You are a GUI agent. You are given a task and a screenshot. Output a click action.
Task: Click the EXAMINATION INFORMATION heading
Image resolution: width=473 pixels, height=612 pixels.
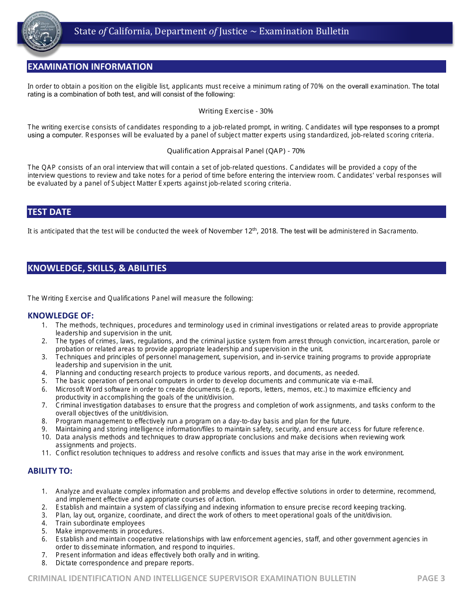[x=90, y=67]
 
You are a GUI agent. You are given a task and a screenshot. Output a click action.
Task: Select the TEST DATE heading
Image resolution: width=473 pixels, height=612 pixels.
[x=49, y=212]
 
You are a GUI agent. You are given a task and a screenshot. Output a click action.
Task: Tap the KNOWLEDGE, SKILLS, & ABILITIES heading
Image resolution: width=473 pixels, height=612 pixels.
[x=97, y=268]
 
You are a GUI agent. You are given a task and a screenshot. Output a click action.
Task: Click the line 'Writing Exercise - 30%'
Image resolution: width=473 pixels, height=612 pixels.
[x=236, y=111]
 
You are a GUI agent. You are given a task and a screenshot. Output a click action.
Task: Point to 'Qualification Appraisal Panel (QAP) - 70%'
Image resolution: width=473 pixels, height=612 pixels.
[x=236, y=151]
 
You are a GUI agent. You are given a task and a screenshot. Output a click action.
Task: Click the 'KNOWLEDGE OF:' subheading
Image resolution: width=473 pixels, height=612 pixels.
[x=61, y=315]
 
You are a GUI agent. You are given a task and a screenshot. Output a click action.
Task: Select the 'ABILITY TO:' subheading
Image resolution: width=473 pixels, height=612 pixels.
[x=50, y=471]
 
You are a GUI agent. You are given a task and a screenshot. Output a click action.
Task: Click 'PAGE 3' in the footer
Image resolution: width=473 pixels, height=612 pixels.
[x=431, y=578]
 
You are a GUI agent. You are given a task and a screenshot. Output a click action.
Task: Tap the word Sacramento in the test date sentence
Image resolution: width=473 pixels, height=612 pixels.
[x=398, y=231]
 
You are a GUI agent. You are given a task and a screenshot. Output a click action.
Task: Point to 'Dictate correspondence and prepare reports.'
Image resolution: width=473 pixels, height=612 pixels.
[x=124, y=563]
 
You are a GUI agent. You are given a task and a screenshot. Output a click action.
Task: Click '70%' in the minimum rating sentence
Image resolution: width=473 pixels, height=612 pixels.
[x=317, y=86]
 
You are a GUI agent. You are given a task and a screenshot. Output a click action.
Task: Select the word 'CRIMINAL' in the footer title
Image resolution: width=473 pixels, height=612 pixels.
[x=47, y=578]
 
